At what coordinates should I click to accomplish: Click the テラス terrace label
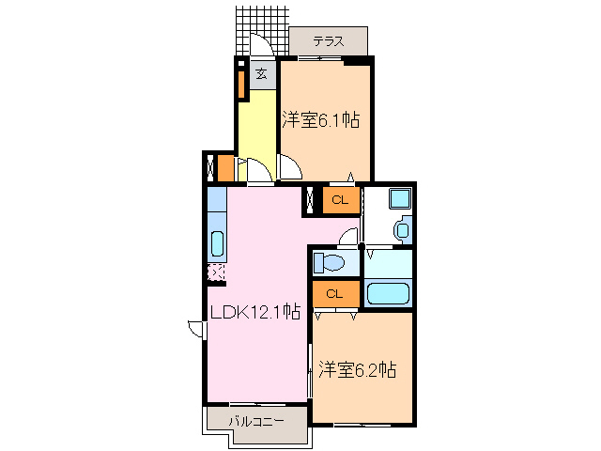tap(327, 40)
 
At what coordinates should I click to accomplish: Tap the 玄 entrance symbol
tap(262, 74)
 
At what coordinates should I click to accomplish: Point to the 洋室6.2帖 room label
tap(356, 369)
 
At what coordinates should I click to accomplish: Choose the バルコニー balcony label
tap(255, 422)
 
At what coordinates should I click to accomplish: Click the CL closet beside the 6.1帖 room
tap(340, 199)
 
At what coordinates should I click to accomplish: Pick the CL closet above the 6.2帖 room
tap(333, 294)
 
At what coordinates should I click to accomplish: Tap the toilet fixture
tap(331, 261)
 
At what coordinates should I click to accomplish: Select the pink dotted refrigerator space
tap(216, 272)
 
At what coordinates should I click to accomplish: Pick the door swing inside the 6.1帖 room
tap(289, 167)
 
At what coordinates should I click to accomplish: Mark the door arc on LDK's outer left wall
tap(195, 328)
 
